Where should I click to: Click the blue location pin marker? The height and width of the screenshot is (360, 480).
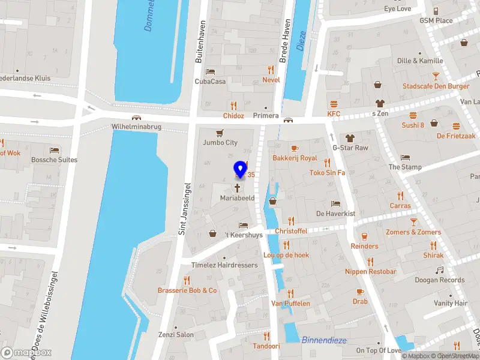click(241, 169)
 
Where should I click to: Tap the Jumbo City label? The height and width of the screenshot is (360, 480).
click(220, 143)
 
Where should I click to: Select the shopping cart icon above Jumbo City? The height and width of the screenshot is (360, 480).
click(220, 133)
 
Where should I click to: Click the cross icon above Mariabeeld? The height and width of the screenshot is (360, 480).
click(237, 188)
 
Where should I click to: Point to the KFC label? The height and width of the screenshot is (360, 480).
click(334, 114)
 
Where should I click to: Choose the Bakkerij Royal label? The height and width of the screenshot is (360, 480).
click(295, 158)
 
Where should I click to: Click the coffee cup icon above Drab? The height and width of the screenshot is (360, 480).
click(360, 292)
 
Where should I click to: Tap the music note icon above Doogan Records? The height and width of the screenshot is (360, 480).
click(440, 270)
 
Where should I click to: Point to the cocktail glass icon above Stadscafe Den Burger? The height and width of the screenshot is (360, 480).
click(436, 76)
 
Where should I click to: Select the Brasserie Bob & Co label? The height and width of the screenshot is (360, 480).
click(187, 291)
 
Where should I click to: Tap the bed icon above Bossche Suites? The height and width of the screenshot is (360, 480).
click(55, 150)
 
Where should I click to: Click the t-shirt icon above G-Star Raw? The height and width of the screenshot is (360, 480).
click(350, 137)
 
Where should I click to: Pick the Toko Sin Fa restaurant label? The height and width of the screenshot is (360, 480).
click(327, 173)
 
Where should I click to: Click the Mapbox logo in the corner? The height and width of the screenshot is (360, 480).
click(26, 353)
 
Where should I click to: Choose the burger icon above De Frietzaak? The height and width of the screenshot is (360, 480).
click(456, 126)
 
